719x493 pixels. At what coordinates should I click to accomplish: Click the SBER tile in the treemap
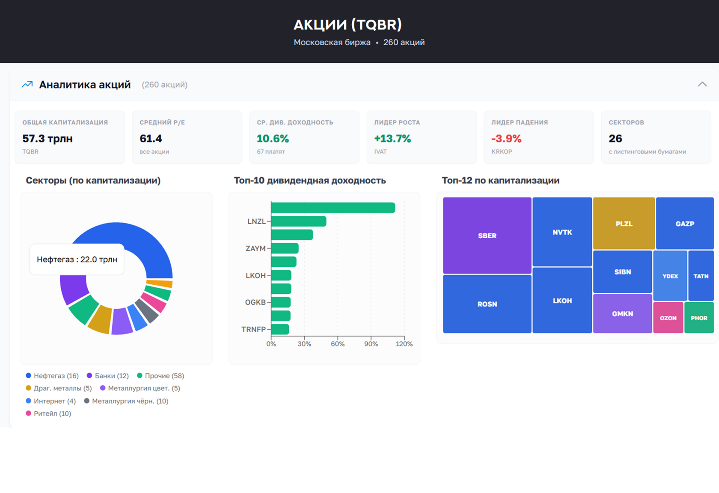[487, 235]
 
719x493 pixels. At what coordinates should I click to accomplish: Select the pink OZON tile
[668, 318]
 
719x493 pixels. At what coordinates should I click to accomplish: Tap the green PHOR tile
[699, 318]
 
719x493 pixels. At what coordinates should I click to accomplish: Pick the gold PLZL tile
[624, 223]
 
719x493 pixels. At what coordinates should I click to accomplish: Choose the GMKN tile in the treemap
[622, 313]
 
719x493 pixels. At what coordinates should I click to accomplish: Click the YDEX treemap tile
[670, 276]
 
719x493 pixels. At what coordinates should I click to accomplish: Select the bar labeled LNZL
[298, 221]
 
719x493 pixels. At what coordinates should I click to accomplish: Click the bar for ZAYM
[285, 248]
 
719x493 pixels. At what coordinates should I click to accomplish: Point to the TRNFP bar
[280, 329]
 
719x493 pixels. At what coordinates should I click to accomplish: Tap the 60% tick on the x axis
[338, 344]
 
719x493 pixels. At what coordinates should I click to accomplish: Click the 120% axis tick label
[404, 344]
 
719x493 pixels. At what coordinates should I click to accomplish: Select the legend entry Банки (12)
[107, 376]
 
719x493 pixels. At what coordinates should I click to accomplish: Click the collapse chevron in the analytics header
[702, 84]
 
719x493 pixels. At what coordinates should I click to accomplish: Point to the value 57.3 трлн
[48, 139]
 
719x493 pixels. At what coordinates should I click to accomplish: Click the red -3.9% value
[506, 139]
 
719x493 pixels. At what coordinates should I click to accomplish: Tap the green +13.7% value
[392, 139]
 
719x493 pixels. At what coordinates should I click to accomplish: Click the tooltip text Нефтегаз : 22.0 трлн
[77, 260]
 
